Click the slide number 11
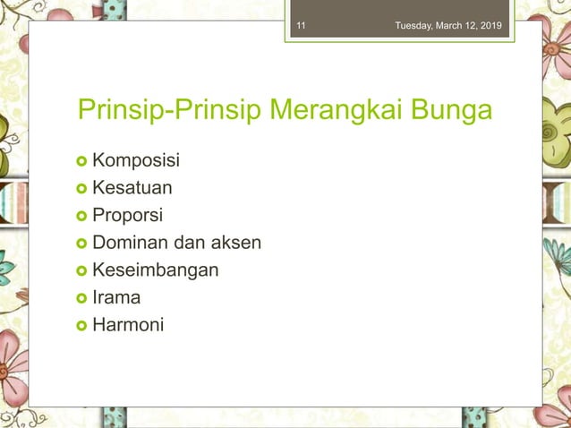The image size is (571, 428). coord(301,25)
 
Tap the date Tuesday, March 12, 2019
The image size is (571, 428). coord(448,25)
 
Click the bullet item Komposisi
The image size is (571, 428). coord(135,161)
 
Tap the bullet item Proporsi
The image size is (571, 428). coord(128,215)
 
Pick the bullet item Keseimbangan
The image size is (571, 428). coord(155,270)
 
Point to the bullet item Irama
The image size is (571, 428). coord(116,297)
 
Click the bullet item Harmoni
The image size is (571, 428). coord(128,324)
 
